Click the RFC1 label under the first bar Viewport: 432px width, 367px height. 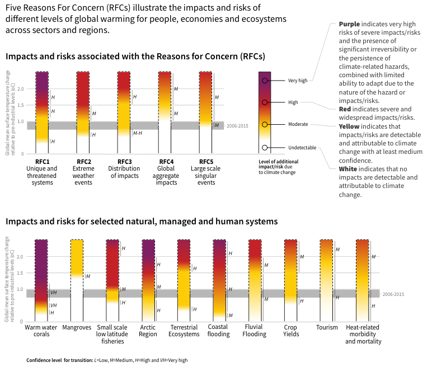(x=42, y=162)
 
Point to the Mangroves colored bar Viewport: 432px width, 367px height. (x=77, y=257)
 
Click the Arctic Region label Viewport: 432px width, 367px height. (x=148, y=331)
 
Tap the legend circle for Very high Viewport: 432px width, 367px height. (x=264, y=81)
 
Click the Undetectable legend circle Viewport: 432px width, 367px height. (x=264, y=148)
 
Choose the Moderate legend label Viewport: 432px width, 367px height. (x=299, y=124)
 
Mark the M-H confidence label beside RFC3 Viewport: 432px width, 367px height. (x=137, y=133)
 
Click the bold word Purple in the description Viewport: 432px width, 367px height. (x=349, y=25)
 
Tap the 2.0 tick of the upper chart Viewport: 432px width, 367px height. (x=21, y=89)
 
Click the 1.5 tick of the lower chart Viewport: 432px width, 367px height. (x=21, y=273)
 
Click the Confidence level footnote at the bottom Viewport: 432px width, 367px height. (x=106, y=360)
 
